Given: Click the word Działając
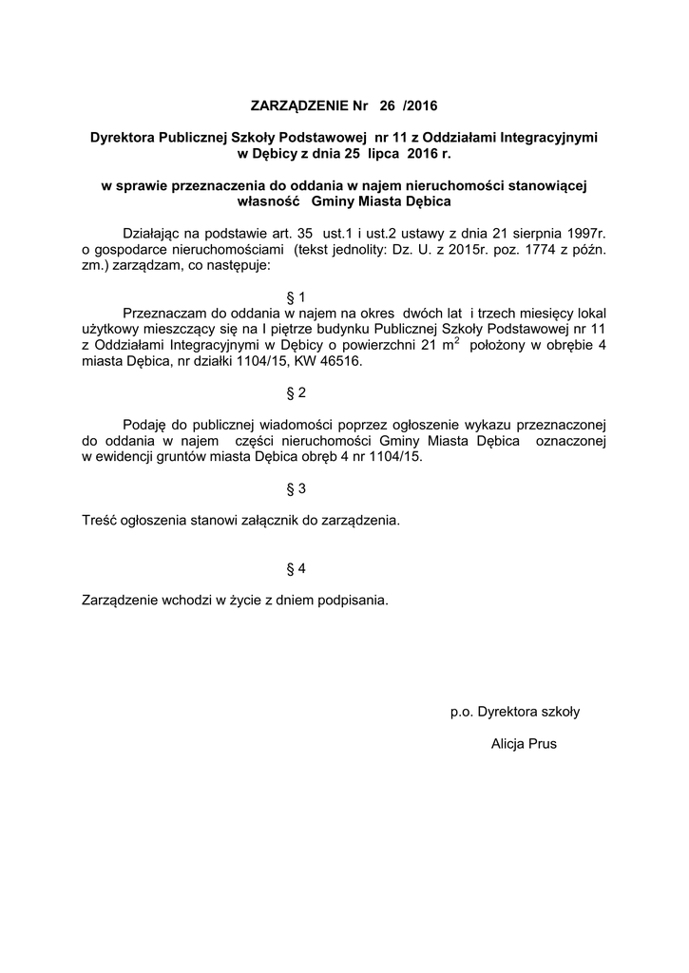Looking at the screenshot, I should pos(153,233).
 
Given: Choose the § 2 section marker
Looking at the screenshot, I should pos(296,392).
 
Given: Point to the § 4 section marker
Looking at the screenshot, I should pos(296,568).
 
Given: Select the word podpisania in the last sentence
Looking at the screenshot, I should pos(355,601).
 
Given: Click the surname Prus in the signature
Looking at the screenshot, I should pos(541,743).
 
